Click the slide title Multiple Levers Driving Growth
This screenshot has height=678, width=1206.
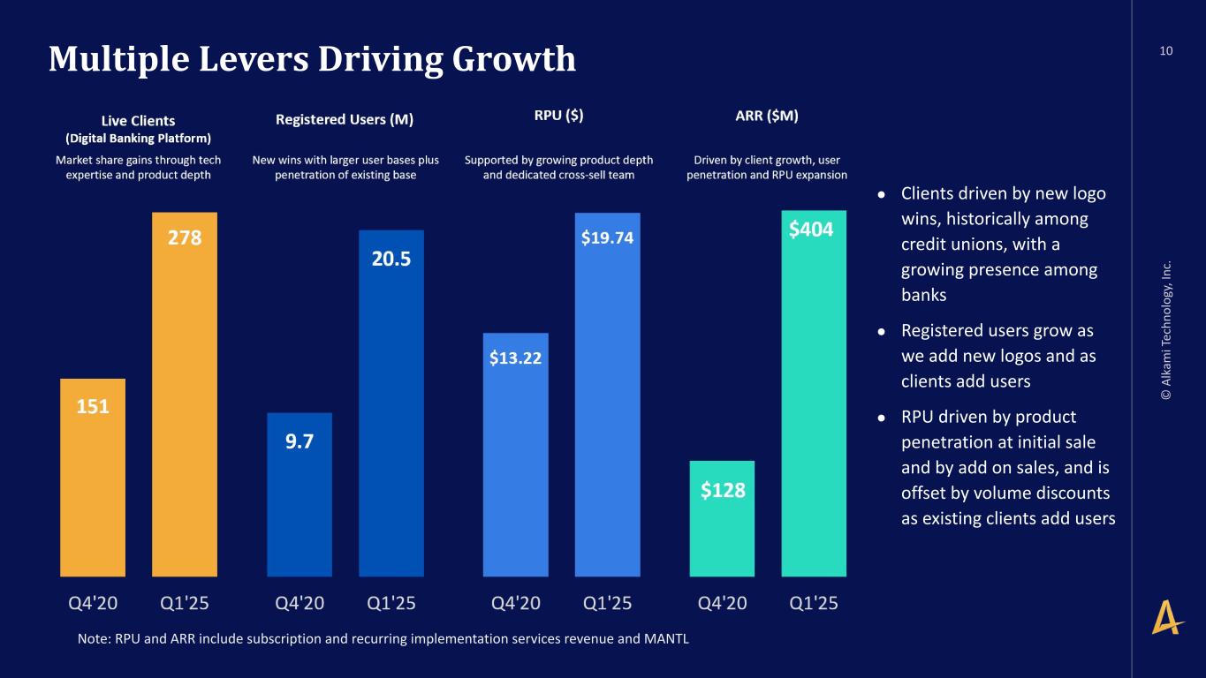click(x=312, y=59)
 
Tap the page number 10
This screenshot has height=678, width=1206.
click(x=1166, y=51)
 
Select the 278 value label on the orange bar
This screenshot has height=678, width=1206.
click(x=185, y=238)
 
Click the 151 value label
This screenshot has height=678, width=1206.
click(x=93, y=406)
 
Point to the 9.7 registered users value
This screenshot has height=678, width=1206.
click(x=300, y=441)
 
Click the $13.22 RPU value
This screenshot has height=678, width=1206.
click(x=515, y=358)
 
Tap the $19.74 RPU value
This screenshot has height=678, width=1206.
click(x=607, y=237)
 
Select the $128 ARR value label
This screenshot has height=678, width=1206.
click(x=723, y=491)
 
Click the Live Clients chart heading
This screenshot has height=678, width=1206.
click(x=139, y=121)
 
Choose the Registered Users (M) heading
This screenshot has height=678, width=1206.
click(x=345, y=119)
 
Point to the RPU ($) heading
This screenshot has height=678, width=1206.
click(x=558, y=115)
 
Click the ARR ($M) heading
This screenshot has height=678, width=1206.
click(x=766, y=116)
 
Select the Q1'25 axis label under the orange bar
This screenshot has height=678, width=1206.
click(x=184, y=604)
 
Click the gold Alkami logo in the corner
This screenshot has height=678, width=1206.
click(x=1167, y=615)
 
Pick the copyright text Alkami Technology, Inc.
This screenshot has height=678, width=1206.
click(x=1167, y=329)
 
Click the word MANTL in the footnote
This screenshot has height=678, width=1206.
click(x=668, y=639)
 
